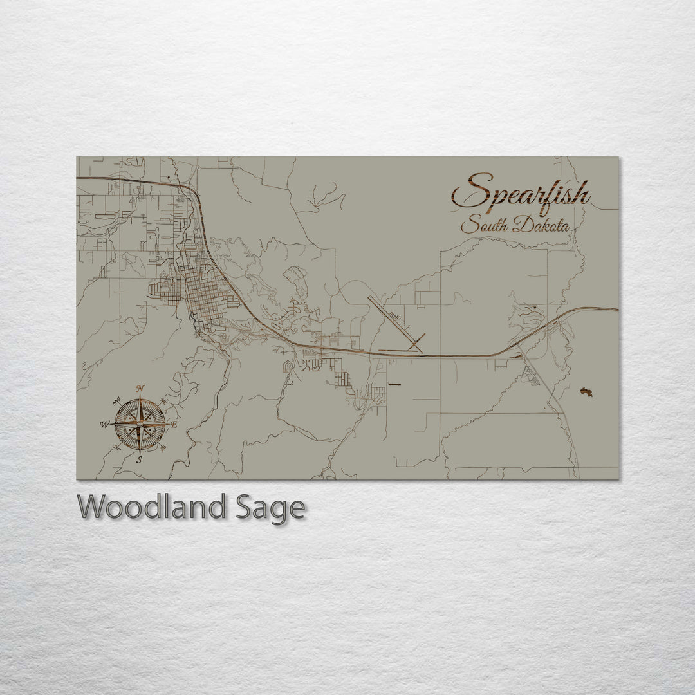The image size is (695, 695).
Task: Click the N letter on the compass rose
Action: (140, 387)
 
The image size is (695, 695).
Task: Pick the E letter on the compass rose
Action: (174, 424)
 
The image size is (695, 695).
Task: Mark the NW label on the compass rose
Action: (116, 403)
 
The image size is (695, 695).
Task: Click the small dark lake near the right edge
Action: (586, 392)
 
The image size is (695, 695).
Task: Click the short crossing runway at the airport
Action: (416, 342)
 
